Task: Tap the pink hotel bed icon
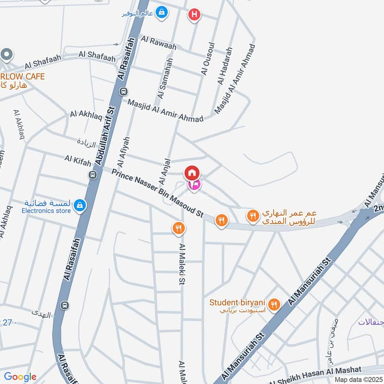tap(194, 185)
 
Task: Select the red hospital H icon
tap(194, 14)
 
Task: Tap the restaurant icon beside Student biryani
tap(274, 304)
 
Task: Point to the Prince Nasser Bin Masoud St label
tap(158, 194)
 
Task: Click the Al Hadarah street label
tap(225, 66)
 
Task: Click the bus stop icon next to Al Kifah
tap(93, 175)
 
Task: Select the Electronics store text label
tap(47, 210)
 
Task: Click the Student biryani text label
tap(237, 302)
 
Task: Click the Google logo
tap(20, 377)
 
